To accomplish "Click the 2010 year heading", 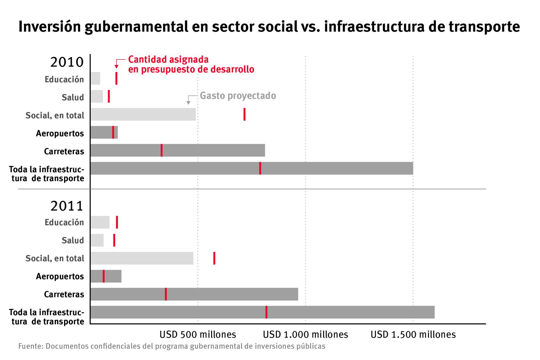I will (x=67, y=62).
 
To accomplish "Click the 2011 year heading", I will (x=67, y=206).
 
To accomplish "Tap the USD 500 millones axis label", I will (x=198, y=334).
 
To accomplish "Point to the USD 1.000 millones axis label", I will (x=306, y=334).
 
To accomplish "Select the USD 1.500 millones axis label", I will (x=413, y=334).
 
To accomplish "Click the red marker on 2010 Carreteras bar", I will (x=162, y=150).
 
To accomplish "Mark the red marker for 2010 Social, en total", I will (x=244, y=114).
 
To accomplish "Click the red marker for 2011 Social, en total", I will (x=214, y=258).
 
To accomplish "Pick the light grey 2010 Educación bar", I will (x=95, y=78).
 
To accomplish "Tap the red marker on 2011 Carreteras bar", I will (x=166, y=294).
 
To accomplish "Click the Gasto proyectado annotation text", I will (x=238, y=96).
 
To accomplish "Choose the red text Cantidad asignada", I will (x=168, y=60).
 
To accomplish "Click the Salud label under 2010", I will (x=73, y=97).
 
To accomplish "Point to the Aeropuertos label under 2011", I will (x=60, y=276).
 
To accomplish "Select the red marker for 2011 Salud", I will (x=114, y=240).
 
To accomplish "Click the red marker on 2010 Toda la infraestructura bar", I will (x=260, y=168).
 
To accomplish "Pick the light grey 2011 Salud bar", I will (x=97, y=240).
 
